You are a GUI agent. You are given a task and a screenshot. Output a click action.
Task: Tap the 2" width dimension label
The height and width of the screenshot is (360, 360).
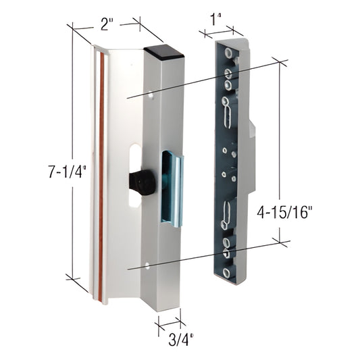click(x=107, y=26)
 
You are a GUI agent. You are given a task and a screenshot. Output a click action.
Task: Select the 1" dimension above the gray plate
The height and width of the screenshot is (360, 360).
click(x=217, y=20)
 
